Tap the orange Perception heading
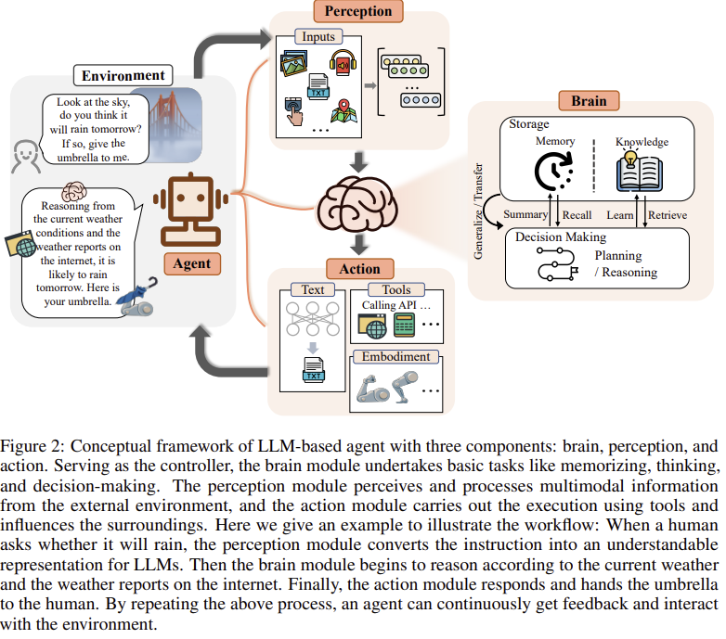click(x=358, y=12)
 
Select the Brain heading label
click(x=589, y=100)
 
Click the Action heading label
click(x=359, y=270)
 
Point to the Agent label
click(x=192, y=263)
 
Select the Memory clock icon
click(x=555, y=172)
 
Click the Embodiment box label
click(x=395, y=357)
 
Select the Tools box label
click(x=396, y=290)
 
